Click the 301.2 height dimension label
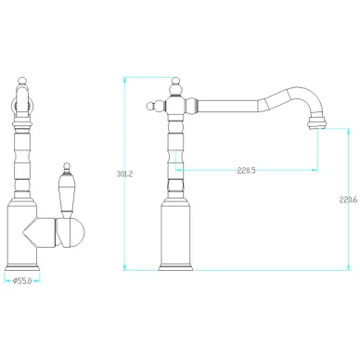click(124, 174)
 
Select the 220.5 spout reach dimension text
click(247, 171)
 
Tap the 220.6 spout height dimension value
click(348, 200)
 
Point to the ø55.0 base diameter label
click(22, 281)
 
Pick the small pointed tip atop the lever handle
click(66, 168)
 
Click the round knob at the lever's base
click(71, 232)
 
